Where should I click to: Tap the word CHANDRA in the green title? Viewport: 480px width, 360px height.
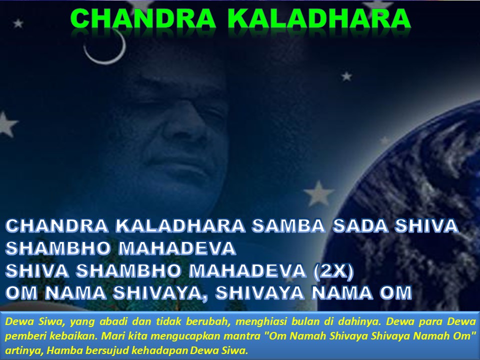pos(143,19)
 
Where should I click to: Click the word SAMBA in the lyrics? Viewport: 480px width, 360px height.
pos(288,225)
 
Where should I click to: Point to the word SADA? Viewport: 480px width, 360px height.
pos(360,225)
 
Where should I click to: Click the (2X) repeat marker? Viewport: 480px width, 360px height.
pos(333,271)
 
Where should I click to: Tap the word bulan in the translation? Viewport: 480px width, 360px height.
pos(303,321)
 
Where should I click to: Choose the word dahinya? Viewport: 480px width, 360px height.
pos(359,322)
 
